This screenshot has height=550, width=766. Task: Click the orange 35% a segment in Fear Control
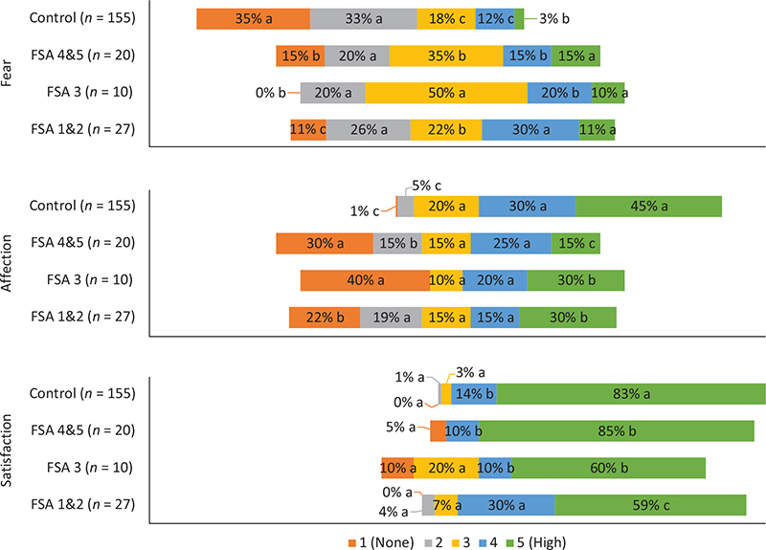point(253,18)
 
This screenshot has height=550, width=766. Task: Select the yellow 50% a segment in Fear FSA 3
point(445,93)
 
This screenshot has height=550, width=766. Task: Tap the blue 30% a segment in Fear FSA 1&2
point(529,130)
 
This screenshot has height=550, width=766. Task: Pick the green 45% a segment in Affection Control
point(648,206)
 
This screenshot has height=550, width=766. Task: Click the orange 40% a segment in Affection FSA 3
point(365,280)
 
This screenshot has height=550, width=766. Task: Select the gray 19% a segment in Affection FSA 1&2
point(390,318)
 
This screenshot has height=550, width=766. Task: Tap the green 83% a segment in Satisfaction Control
point(630,393)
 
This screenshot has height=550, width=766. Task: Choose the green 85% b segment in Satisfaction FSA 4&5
point(625,430)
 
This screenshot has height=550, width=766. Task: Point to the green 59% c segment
point(650,505)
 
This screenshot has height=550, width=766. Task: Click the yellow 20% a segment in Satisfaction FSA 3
point(446,468)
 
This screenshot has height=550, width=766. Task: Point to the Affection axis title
point(9,262)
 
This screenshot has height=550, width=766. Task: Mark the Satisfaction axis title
point(9,450)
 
